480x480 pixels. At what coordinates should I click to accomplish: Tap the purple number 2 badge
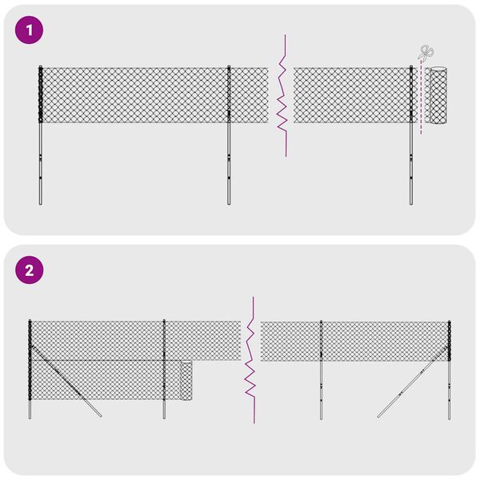(x=30, y=270)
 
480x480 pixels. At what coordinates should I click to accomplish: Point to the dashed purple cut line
(x=421, y=104)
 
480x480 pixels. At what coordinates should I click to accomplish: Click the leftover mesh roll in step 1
(x=438, y=96)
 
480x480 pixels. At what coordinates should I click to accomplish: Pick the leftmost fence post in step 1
(x=39, y=136)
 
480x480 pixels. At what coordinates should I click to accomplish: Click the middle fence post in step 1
(x=229, y=136)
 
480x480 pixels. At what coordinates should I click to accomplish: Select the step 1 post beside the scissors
(x=411, y=136)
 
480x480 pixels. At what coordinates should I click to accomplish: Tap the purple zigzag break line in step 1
(x=282, y=96)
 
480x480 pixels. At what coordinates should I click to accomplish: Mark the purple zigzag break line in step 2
(x=250, y=360)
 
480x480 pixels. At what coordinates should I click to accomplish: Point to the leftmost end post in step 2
(x=30, y=368)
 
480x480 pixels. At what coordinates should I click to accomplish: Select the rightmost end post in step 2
(x=447, y=368)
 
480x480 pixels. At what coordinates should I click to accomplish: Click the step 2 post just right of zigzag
(x=322, y=368)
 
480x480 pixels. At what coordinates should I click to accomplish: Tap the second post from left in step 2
(x=164, y=368)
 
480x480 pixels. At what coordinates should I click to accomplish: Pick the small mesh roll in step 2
(x=186, y=381)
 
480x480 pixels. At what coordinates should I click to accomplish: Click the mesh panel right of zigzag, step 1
(x=352, y=95)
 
